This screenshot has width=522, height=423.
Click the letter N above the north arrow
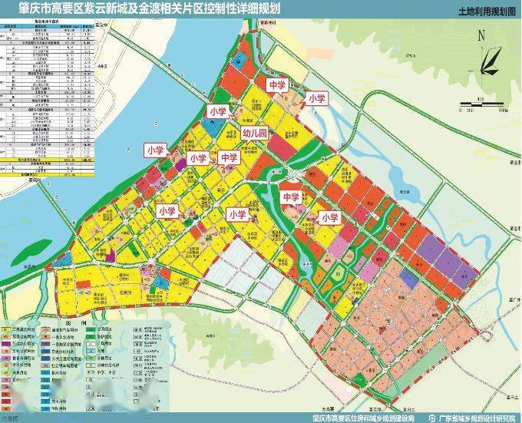[x=481, y=35]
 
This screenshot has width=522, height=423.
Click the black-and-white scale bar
[x=480, y=104]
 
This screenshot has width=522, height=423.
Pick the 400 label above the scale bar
[x=480, y=99]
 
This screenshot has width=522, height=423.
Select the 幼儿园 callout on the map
[x=254, y=134]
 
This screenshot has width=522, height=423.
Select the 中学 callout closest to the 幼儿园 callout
[x=229, y=158]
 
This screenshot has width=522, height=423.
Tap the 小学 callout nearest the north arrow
[x=316, y=98]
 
